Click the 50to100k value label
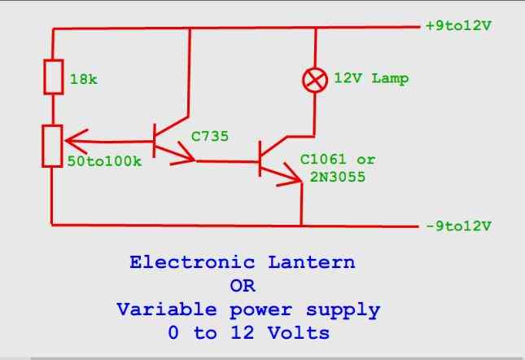[103, 161]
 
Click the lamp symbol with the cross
[313, 79]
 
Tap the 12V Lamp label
[371, 79]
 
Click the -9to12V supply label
[458, 223]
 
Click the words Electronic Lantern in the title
[243, 264]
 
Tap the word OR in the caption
[243, 287]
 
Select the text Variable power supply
[247, 310]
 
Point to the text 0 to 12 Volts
[243, 334]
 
